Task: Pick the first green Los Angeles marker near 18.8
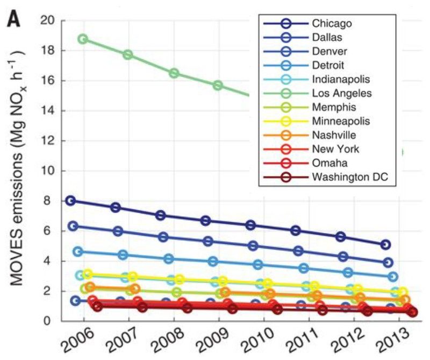83,39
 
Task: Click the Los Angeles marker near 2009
218,86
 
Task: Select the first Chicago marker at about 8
70,201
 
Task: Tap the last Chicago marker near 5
385,245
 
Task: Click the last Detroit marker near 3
393,277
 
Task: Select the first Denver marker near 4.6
78,251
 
